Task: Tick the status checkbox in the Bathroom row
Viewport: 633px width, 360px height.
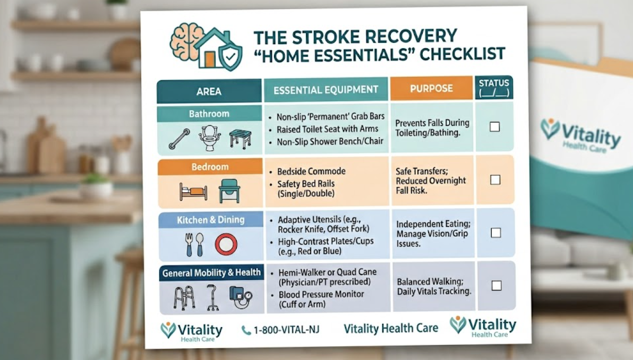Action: (x=494, y=126)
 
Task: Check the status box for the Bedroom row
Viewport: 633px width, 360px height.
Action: (x=495, y=179)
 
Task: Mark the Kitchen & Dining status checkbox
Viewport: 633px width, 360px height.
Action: (x=495, y=233)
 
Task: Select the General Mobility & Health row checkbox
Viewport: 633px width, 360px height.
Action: (x=496, y=286)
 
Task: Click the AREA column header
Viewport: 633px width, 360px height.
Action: (x=209, y=91)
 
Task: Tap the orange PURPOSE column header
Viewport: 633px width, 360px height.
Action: (x=431, y=88)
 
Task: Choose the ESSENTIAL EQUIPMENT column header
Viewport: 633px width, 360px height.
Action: (x=326, y=90)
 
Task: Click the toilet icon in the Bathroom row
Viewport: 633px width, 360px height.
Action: (x=210, y=137)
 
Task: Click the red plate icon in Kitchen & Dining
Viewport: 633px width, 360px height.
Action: (x=225, y=244)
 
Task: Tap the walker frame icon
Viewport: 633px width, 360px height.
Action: (x=184, y=297)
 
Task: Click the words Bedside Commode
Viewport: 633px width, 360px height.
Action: (x=311, y=172)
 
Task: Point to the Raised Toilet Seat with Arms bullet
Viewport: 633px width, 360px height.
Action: (x=327, y=129)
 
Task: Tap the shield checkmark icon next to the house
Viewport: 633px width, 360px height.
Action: (x=230, y=57)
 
